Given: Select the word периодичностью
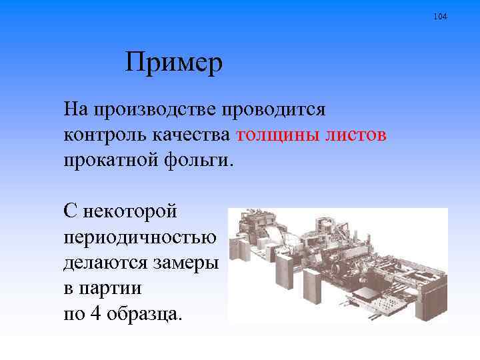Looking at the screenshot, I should click(140, 237).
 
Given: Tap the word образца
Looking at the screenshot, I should click(144, 315).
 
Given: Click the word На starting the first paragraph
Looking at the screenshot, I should click(75, 108).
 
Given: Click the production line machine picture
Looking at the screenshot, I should click(337, 265).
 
